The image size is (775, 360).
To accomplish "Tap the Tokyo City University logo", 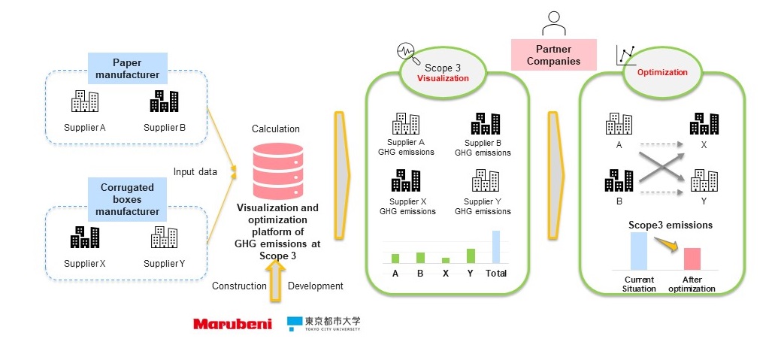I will tap(323, 324).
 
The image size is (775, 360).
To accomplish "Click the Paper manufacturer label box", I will tap(127, 68).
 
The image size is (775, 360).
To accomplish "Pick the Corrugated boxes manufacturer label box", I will tap(127, 199).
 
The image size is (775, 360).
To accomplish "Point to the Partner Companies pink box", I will tap(553, 55).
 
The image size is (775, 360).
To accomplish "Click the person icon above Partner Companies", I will tap(554, 24).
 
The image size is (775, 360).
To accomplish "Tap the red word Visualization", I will tap(443, 78).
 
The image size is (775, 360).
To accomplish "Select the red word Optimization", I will tap(662, 73).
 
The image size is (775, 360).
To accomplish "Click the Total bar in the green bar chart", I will tap(495, 247).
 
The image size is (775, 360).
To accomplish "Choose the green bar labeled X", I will tap(446, 259).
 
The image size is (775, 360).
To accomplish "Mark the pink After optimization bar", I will tap(692, 258).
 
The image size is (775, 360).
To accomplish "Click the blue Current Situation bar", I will tap(639, 250).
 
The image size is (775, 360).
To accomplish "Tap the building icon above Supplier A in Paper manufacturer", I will tap(85, 102).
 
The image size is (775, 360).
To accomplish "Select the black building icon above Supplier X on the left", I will tap(85, 237).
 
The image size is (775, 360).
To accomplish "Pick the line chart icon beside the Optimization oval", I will tap(625, 54).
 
